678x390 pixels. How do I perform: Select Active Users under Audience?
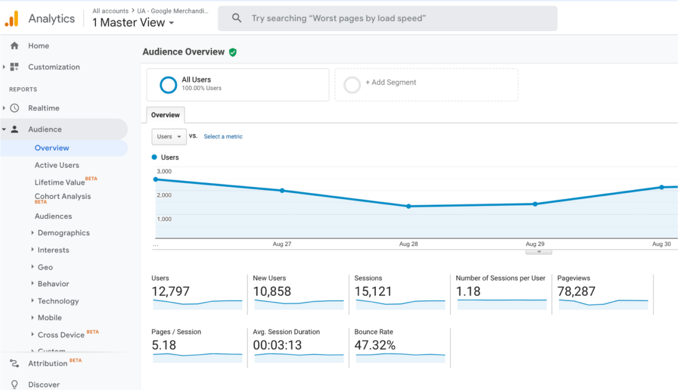pos(57,165)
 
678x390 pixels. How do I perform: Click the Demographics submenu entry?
pos(64,233)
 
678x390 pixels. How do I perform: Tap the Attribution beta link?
pos(48,363)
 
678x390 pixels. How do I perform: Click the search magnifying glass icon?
pos(236,18)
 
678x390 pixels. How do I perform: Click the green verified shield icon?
pos(233,52)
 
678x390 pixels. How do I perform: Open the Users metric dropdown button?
pos(169,137)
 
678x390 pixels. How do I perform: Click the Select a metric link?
pos(223,137)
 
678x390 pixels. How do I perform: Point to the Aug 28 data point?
pos(408,206)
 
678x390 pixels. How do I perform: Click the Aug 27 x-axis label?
pos(282,244)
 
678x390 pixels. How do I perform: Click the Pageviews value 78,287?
pos(576,291)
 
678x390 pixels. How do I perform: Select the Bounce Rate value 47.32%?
pos(375,345)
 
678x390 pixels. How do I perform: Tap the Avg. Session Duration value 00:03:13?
pos(277,345)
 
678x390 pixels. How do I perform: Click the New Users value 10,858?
pos(272,291)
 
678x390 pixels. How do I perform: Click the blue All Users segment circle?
pos(168,85)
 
